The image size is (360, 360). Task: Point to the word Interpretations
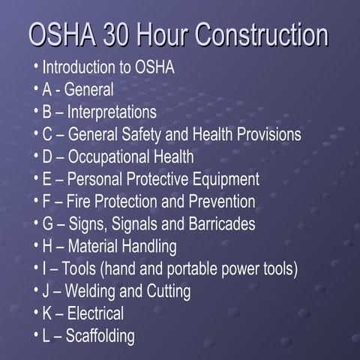[112, 112]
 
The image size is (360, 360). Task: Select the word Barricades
[221, 224]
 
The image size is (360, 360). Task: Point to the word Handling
[147, 247]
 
